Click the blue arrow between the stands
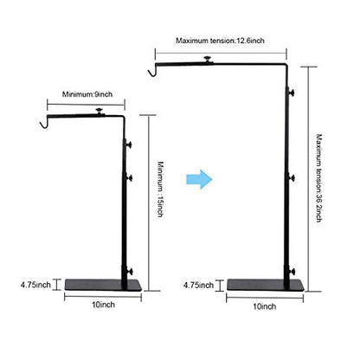(x=199, y=179)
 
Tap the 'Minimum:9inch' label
(x=87, y=94)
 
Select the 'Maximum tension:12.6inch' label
(x=220, y=41)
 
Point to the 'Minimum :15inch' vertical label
(x=161, y=189)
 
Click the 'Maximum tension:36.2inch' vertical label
(x=318, y=178)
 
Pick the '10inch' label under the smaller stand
(x=103, y=305)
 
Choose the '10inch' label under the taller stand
(x=265, y=306)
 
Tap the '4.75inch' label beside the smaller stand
(x=35, y=285)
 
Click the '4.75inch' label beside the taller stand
(x=198, y=286)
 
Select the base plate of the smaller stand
(x=103, y=285)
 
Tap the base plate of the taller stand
(x=266, y=285)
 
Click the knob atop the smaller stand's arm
(x=100, y=112)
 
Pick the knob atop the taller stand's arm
(x=207, y=60)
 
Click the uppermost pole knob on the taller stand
(x=291, y=93)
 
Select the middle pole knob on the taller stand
(x=291, y=178)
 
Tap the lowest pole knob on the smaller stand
(x=129, y=272)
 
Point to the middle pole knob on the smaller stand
(x=129, y=178)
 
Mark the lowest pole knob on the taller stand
(x=291, y=272)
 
